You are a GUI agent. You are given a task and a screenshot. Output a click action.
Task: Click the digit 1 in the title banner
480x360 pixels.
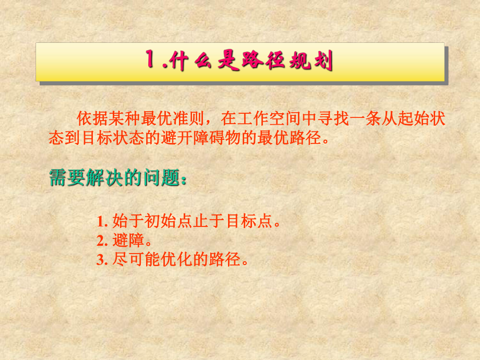pos(151,62)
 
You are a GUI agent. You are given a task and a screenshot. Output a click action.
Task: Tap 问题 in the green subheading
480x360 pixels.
pos(157,178)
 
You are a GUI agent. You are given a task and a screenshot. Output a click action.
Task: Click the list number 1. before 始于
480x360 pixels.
pos(101,221)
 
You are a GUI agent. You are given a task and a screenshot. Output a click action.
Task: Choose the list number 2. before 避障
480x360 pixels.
pos(101,241)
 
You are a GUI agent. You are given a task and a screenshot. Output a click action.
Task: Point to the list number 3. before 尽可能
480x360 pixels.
pos(101,259)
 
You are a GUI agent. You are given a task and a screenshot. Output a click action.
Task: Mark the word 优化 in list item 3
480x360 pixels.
pos(163,259)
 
